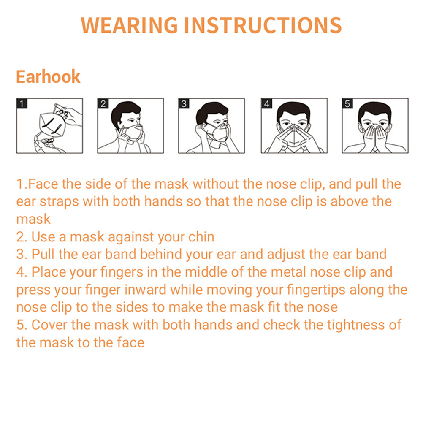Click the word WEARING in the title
click(x=129, y=25)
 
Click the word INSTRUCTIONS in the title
click(x=263, y=25)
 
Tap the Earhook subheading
click(x=48, y=76)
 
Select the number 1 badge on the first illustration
click(x=22, y=103)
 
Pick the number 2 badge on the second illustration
click(x=103, y=103)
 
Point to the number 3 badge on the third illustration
click(x=184, y=103)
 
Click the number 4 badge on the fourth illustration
click(x=266, y=103)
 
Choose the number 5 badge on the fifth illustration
click(x=347, y=103)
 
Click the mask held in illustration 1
click(x=52, y=125)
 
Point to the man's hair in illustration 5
click(x=375, y=111)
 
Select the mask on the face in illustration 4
click(x=294, y=138)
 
